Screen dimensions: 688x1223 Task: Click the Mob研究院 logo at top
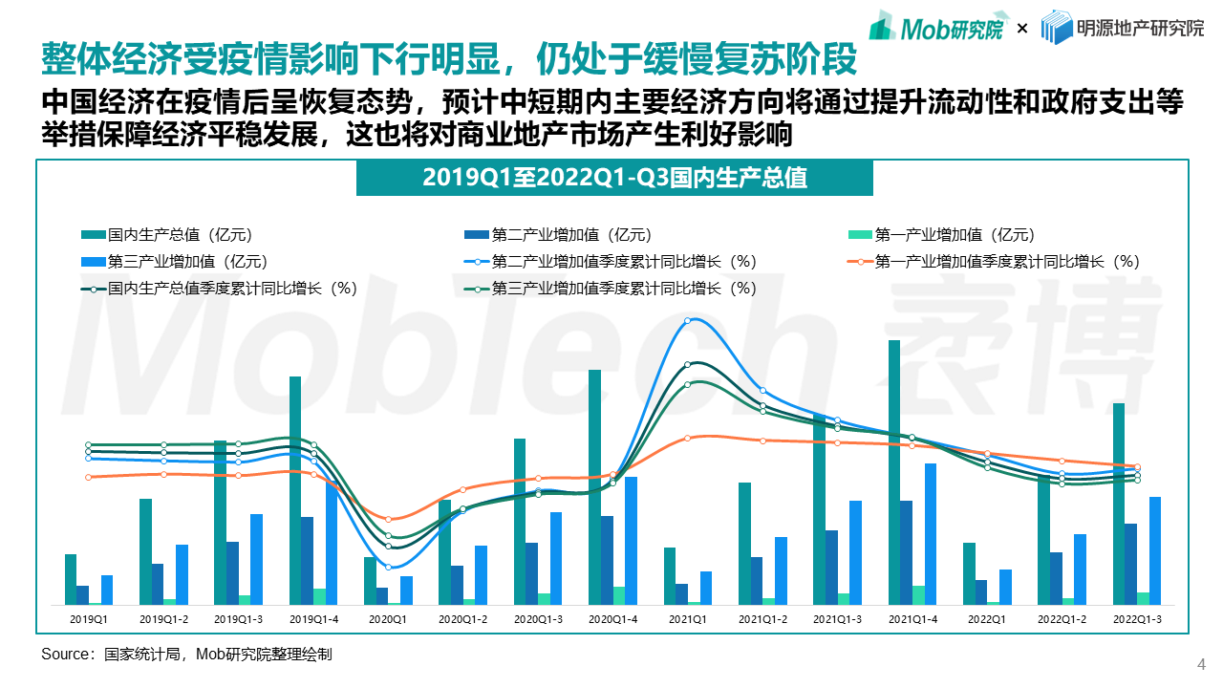coord(935,28)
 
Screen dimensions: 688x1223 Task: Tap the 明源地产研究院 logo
coord(1122,28)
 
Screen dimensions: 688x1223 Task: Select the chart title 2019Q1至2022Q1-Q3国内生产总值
coord(614,178)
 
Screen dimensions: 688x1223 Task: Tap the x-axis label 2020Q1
coord(387,619)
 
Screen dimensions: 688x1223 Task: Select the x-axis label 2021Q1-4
coord(912,619)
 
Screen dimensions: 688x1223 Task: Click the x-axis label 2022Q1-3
coord(1136,619)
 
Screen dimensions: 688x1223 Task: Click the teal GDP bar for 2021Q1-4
coord(894,472)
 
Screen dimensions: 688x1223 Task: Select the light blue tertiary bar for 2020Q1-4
coord(631,540)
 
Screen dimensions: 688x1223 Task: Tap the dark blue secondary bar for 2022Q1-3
coord(1130,564)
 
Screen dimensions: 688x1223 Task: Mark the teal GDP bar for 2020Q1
coord(370,581)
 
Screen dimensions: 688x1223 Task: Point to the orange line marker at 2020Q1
coord(388,519)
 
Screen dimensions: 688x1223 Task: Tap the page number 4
coord(1201,665)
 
